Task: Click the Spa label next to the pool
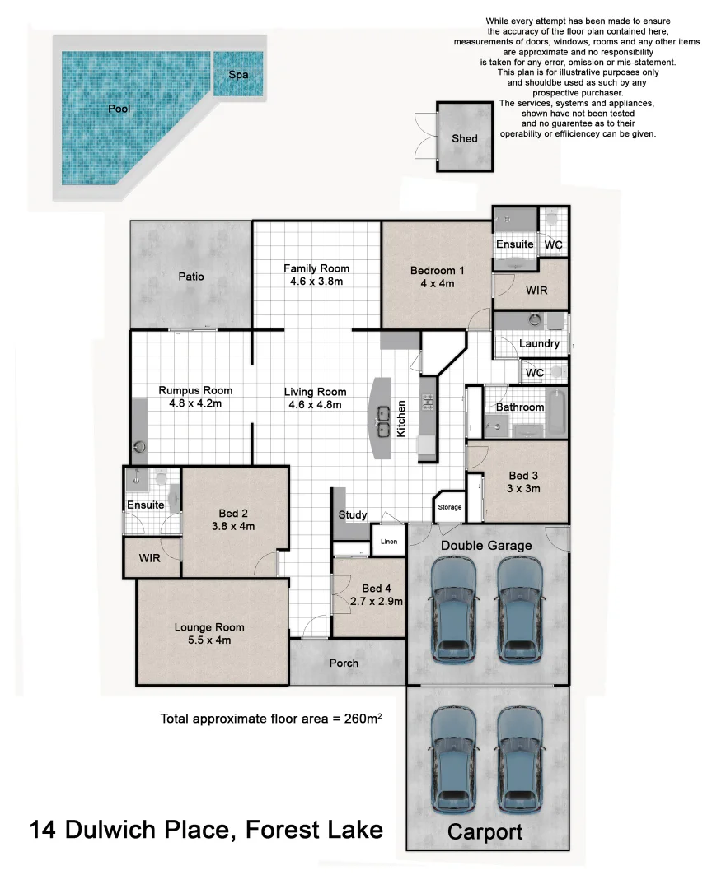coord(238,74)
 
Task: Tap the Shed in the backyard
coord(464,138)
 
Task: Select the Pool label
coord(119,109)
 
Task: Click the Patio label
coord(191,277)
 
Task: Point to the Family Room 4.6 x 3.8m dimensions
coord(316,282)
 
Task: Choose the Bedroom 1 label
coord(438,270)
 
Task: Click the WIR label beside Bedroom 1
coord(536,290)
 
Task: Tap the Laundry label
coord(540,343)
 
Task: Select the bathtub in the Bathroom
coord(557,411)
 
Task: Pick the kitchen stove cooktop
coord(429,403)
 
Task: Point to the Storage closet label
coord(450,507)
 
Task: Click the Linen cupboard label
coord(389,542)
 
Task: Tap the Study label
coord(353,515)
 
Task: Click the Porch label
coord(344,663)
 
